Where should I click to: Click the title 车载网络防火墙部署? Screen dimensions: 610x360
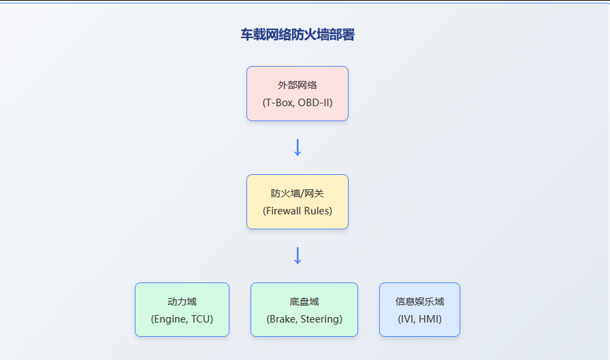(x=298, y=35)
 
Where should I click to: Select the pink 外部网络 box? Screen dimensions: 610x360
(x=298, y=94)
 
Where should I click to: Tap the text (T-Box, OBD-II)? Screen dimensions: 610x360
(x=298, y=103)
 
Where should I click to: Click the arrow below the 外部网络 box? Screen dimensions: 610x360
(x=298, y=148)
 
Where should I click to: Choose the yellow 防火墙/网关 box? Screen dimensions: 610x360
(x=298, y=201)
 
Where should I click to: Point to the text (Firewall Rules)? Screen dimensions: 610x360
(x=298, y=211)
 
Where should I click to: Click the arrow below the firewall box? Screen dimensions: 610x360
(x=298, y=255)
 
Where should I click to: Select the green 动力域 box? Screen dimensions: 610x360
(x=182, y=310)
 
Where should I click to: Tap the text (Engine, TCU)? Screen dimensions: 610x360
(x=182, y=318)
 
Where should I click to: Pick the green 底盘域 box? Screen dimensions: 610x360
(x=304, y=310)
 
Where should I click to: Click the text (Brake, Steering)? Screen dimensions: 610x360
(x=304, y=318)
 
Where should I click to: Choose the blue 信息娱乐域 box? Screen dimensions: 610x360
(x=420, y=310)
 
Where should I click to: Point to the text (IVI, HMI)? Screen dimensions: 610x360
(x=420, y=318)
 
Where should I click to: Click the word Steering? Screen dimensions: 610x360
(x=320, y=319)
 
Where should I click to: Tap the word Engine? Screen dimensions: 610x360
(x=171, y=319)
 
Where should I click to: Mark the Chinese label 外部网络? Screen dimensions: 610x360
(x=298, y=85)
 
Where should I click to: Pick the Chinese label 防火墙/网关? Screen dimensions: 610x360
(x=298, y=193)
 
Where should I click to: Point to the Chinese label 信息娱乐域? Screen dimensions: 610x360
(x=420, y=301)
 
